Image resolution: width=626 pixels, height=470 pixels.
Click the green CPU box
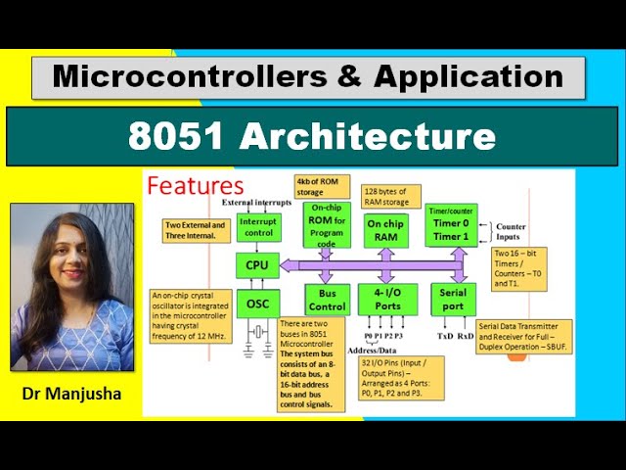pyautogui.click(x=257, y=263)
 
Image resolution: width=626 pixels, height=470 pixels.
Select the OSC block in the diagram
pyautogui.click(x=257, y=304)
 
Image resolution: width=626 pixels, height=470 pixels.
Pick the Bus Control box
pyautogui.click(x=327, y=299)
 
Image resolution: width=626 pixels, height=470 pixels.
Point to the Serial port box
pyautogui.click(x=453, y=299)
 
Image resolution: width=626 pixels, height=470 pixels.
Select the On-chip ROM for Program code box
pyautogui.click(x=327, y=226)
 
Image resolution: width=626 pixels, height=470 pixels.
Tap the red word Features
pyautogui.click(x=195, y=185)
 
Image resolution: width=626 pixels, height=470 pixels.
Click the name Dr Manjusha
pyautogui.click(x=71, y=396)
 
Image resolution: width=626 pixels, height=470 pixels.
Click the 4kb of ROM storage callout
pyautogui.click(x=319, y=187)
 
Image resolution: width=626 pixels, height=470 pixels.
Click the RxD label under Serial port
pyautogui.click(x=466, y=335)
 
